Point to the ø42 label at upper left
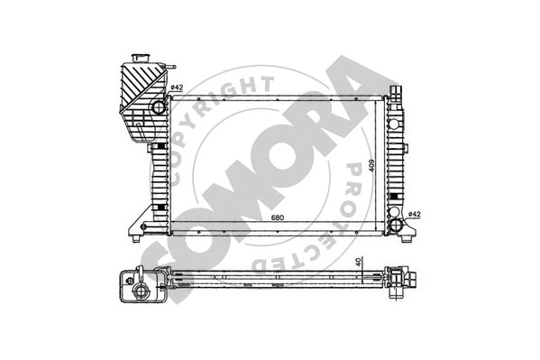(x=177, y=88)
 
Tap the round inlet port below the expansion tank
(x=159, y=108)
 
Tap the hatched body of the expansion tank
(x=135, y=90)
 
